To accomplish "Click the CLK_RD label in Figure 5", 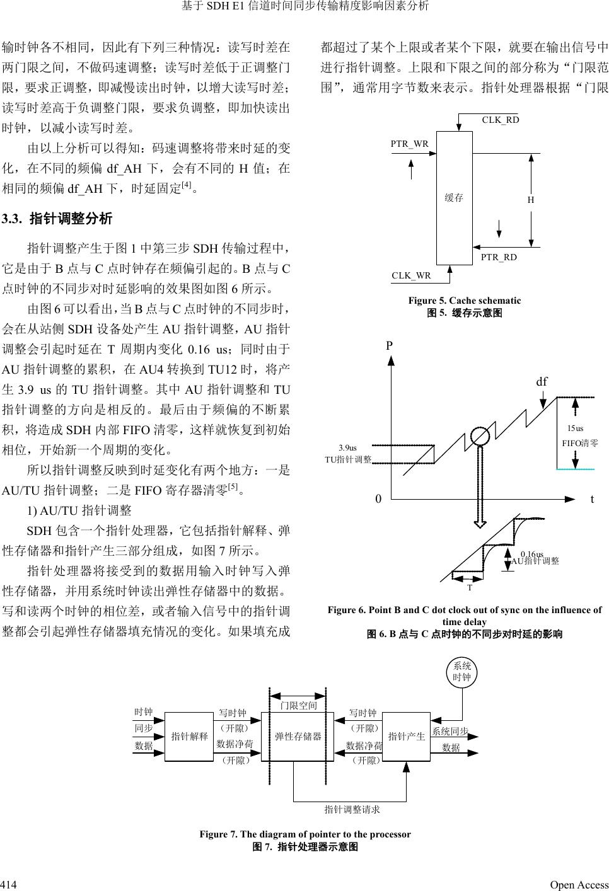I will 501,120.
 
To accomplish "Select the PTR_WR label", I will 409,144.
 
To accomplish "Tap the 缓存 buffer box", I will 455,197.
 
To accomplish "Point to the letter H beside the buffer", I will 531,200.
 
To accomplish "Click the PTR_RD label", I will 499,257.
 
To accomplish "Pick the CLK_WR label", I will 411,275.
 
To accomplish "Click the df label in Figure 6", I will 542,382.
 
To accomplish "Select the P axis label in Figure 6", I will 390,345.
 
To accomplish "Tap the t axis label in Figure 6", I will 592,499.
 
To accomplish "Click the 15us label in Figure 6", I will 575,428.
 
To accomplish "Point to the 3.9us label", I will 347,448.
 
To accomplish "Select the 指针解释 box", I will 190,736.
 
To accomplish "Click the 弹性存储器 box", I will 298,736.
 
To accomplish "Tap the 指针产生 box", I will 407,736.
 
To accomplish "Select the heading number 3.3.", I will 12,219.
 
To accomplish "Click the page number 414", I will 8,885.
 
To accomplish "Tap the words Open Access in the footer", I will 579,885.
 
